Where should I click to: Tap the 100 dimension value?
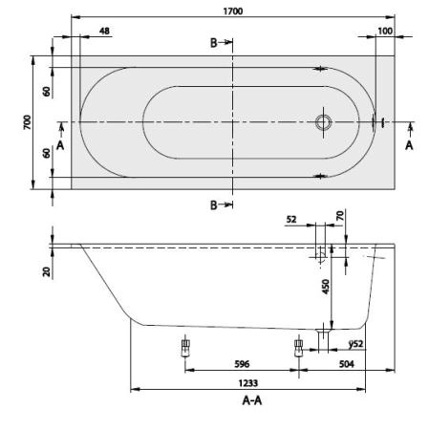[x=384, y=32]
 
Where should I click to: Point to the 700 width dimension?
[x=29, y=122]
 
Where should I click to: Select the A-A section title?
[x=250, y=401]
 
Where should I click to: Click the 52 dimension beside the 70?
[x=291, y=219]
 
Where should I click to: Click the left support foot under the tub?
[x=184, y=348]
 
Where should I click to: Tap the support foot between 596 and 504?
[x=298, y=349]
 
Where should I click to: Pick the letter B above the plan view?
[x=216, y=43]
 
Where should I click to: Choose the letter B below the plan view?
[x=216, y=204]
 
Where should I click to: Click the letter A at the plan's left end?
[x=60, y=145]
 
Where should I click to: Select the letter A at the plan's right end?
[x=409, y=145]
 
